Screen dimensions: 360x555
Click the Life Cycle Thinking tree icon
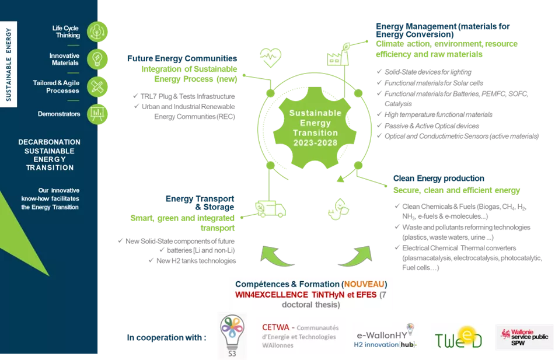tap(97, 32)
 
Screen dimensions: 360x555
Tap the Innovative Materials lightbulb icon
tap(97, 60)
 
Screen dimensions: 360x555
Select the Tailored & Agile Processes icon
tap(97, 87)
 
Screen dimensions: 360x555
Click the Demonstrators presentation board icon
tap(97, 114)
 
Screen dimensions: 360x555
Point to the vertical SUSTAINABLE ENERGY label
tap(9, 64)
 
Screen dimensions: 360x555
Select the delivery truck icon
tap(270, 209)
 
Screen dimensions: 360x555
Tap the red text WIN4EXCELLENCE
tap(273, 295)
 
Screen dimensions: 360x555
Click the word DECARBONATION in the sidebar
tap(50, 142)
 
